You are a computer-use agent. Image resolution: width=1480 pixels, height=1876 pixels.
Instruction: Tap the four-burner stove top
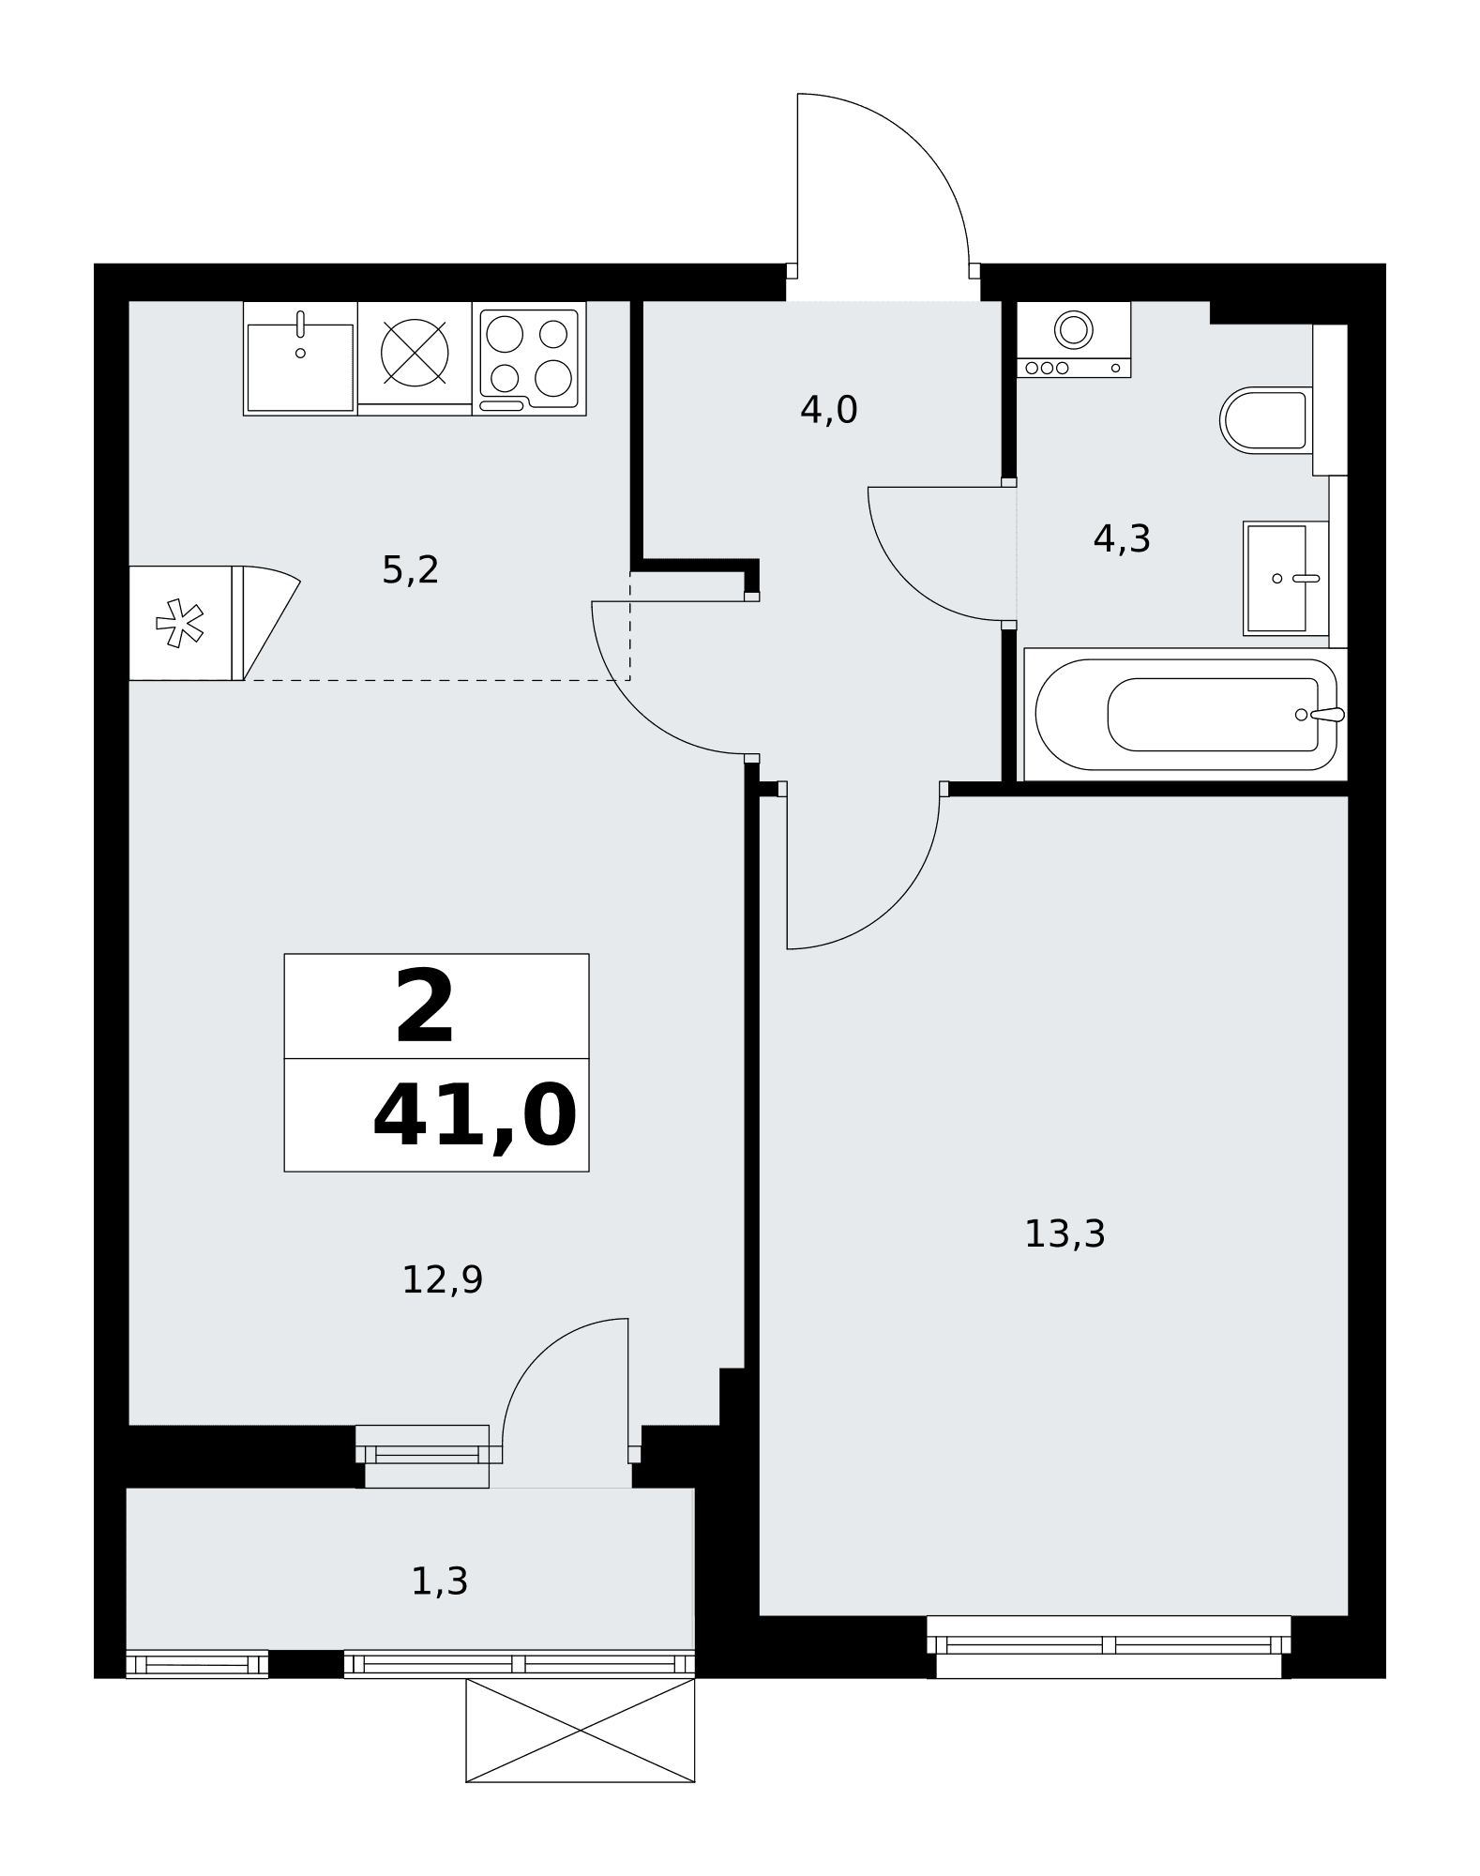pyautogui.click(x=529, y=358)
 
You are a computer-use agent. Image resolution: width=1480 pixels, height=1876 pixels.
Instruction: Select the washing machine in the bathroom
pyautogui.click(x=1074, y=340)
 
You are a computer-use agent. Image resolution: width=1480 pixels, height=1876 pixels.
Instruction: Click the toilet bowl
pyautogui.click(x=1265, y=420)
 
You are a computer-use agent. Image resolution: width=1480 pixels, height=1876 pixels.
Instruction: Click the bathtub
pyautogui.click(x=1186, y=715)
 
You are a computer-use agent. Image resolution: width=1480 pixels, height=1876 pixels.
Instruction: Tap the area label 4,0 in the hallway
pyautogui.click(x=829, y=411)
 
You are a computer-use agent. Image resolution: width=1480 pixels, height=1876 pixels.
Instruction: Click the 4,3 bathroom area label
pyautogui.click(x=1122, y=539)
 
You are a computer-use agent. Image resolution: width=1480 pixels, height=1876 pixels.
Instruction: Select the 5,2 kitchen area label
pyautogui.click(x=411, y=570)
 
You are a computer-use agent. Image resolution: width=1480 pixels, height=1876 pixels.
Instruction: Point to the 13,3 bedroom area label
pyautogui.click(x=1065, y=1234)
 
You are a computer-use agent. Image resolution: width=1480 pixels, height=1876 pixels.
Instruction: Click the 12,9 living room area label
pyautogui.click(x=442, y=1280)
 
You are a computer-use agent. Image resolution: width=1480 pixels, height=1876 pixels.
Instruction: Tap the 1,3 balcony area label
pyautogui.click(x=440, y=1582)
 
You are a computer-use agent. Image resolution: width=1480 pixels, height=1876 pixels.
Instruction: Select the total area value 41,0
pyautogui.click(x=475, y=1116)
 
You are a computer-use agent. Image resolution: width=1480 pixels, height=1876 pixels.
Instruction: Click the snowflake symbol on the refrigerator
pyautogui.click(x=179, y=623)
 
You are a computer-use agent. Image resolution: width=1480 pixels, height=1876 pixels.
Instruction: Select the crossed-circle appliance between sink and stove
pyautogui.click(x=415, y=353)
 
